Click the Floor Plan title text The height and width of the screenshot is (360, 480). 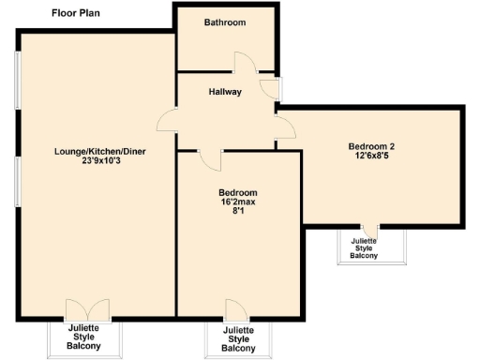click(x=75, y=14)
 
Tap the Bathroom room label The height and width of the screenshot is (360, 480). click(x=225, y=22)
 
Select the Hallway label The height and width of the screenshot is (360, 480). click(x=225, y=92)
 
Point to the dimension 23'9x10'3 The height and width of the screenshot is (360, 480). click(x=99, y=160)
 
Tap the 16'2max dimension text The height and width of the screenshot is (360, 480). click(x=237, y=202)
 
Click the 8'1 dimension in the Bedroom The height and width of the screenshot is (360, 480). click(x=237, y=212)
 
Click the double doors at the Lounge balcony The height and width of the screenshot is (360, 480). click(x=82, y=309)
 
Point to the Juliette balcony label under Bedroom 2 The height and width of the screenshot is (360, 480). click(x=364, y=248)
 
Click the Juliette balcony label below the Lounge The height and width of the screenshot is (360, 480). click(x=83, y=337)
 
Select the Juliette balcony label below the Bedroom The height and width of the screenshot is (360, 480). click(x=238, y=339)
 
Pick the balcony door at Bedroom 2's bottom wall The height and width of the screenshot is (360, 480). click(x=371, y=230)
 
